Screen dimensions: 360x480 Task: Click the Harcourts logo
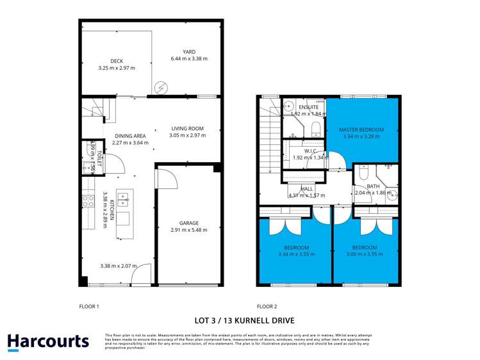47,341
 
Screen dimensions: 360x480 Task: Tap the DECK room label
116,61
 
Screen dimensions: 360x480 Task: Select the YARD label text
188,52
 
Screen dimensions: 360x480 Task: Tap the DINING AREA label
130,136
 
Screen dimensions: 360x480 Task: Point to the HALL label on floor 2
307,188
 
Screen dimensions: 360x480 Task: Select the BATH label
373,185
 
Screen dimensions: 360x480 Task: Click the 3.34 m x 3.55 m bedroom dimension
296,254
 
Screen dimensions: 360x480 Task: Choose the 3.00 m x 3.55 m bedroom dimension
364,254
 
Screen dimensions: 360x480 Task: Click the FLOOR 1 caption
89,306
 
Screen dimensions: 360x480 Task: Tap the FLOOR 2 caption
267,306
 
